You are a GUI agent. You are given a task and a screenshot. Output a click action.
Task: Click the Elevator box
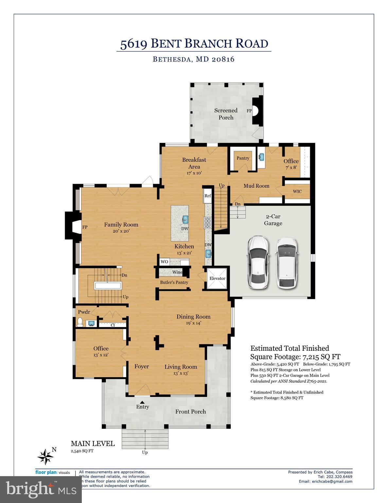(217, 278)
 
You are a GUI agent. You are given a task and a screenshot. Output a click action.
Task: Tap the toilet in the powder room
(80, 323)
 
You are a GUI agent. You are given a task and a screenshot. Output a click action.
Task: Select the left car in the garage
(258, 262)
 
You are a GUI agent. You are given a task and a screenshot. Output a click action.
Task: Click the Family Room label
(121, 225)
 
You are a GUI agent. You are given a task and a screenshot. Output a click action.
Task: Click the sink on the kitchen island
(185, 219)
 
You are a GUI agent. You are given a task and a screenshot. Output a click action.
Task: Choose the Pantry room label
(243, 158)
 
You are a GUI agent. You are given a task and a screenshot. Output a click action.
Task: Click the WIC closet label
(297, 192)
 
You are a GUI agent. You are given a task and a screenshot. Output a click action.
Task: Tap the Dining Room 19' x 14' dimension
(193, 323)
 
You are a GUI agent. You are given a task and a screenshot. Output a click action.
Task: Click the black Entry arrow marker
(142, 402)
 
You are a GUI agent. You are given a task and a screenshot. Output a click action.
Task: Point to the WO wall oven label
(164, 262)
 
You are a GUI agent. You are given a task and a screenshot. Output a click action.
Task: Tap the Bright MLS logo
(41, 490)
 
